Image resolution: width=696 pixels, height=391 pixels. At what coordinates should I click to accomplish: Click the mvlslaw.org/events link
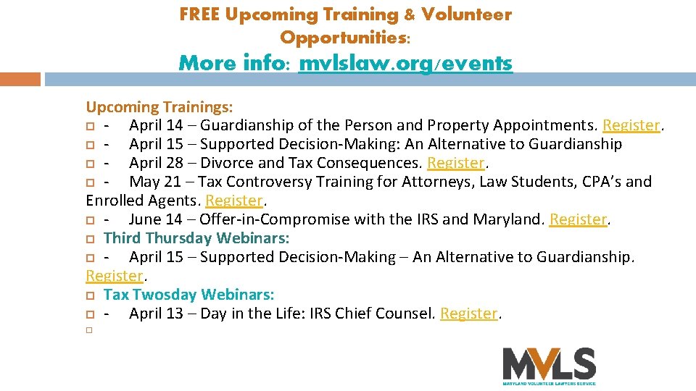pos(405,64)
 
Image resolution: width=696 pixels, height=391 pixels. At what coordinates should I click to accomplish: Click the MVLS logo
pos(549,365)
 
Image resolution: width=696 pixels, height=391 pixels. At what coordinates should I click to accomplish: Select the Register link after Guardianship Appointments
pos(631,125)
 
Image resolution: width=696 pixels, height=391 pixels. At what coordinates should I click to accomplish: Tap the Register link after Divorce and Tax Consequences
pos(456,163)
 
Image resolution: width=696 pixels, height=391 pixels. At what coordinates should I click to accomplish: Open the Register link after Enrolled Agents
pos(234,201)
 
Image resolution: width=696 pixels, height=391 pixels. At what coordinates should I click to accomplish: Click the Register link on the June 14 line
pos(578,219)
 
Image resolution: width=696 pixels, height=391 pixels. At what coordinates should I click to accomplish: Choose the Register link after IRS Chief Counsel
pos(469,314)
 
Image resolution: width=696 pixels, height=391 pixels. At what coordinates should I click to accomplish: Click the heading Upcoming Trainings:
pos(159,107)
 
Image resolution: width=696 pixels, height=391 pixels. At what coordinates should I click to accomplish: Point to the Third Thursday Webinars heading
pos(196,238)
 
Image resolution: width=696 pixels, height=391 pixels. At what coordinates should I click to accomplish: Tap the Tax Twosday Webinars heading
pos(188,295)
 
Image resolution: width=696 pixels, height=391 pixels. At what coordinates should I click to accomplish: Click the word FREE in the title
pos(200,14)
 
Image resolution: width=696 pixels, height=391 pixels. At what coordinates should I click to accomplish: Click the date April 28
pos(154,163)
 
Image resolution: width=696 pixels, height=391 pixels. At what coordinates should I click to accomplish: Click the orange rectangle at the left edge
pos(20,79)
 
